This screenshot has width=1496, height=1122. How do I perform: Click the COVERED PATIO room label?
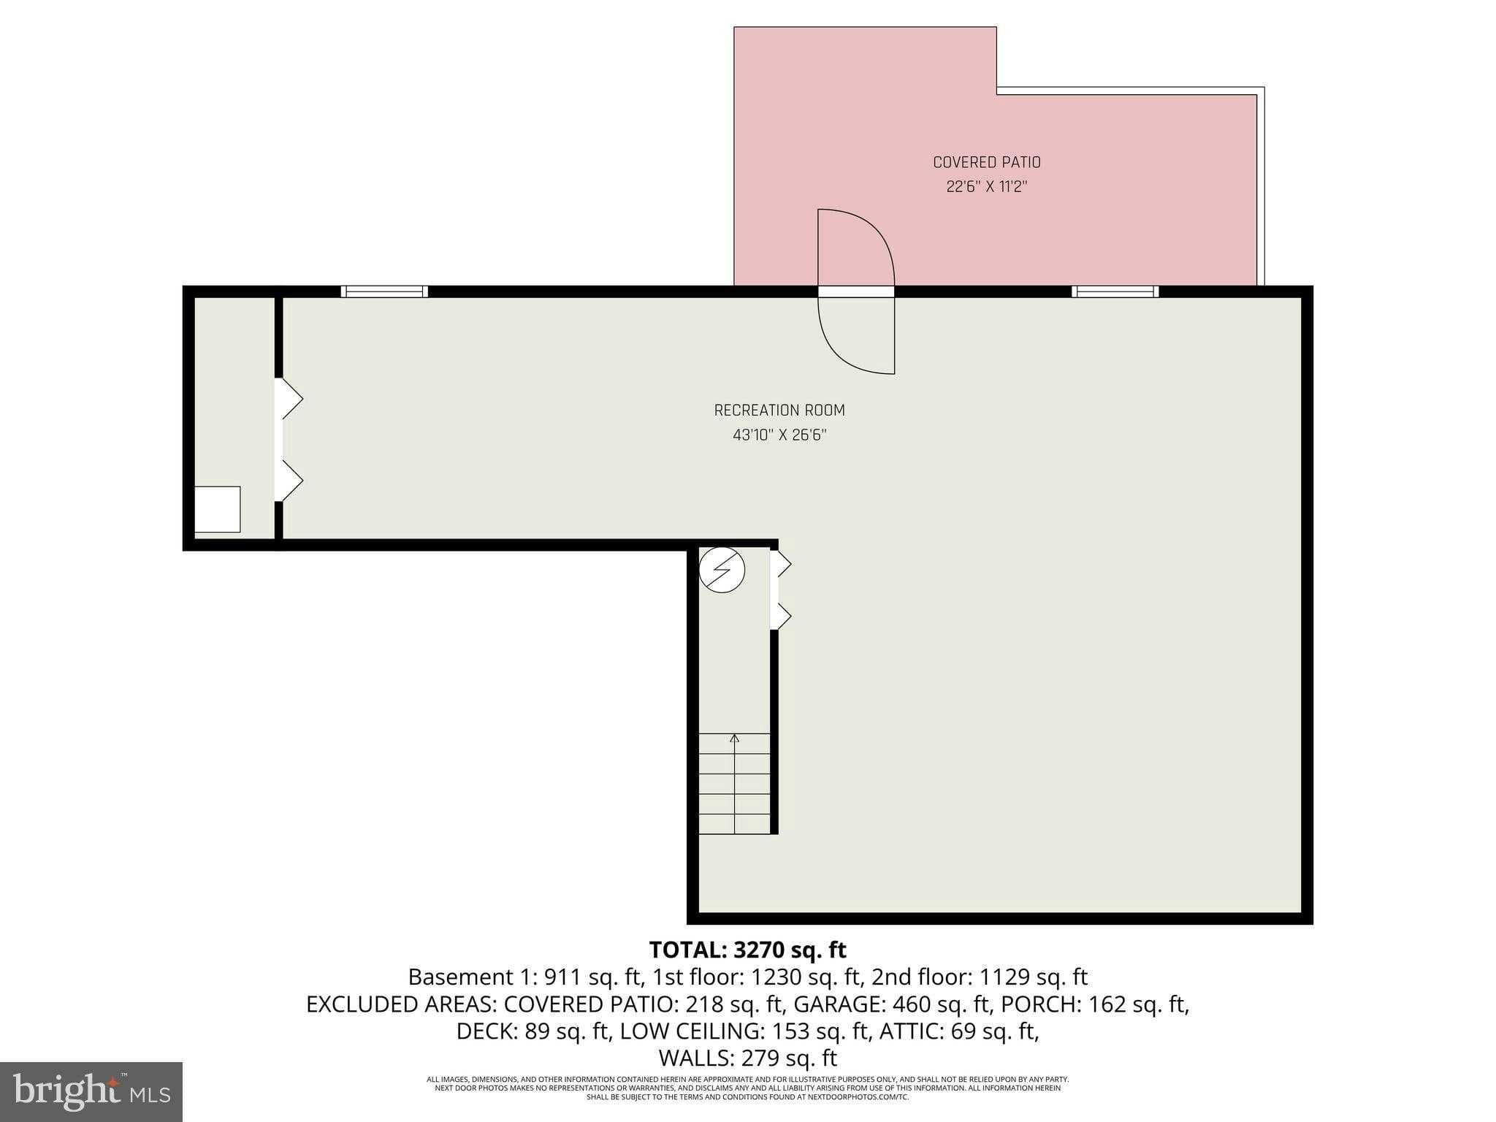pos(986,162)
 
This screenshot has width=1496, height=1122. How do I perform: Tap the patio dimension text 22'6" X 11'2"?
pos(986,187)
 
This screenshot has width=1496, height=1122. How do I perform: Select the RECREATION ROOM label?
pos(779,411)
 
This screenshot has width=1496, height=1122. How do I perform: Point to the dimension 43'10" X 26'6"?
pos(779,435)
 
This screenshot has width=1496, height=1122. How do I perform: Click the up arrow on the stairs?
pos(734,739)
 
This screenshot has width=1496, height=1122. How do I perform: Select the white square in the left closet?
pos(217,509)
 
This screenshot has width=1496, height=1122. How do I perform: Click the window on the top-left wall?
pos(384,291)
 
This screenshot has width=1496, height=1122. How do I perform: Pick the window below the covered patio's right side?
pos(1115,291)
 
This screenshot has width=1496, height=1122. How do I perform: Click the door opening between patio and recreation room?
pos(855,291)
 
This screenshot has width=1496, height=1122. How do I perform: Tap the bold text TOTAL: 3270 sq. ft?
pos(747,950)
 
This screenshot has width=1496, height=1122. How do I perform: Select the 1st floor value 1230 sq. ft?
pos(804,977)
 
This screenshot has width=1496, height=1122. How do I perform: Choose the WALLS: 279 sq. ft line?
pos(747,1058)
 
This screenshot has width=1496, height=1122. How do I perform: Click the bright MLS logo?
pos(91,1091)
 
